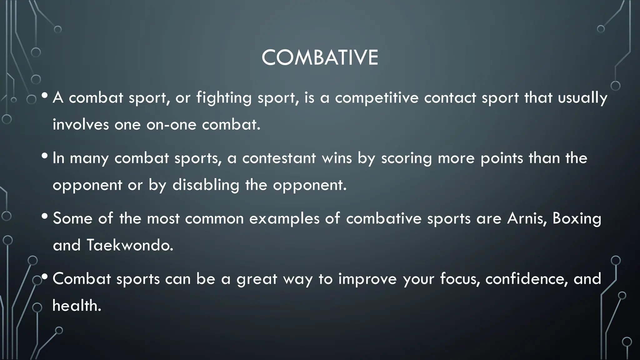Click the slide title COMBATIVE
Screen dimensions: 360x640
click(x=320, y=58)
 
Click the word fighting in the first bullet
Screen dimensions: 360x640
click(x=224, y=98)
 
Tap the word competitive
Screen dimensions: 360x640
click(x=377, y=98)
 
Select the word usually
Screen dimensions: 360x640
click(x=582, y=98)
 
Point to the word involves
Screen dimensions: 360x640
click(x=81, y=125)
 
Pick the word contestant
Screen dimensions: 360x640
click(x=279, y=158)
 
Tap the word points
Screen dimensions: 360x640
click(x=502, y=158)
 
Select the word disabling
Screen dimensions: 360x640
click(x=206, y=185)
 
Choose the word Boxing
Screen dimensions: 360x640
click(x=577, y=218)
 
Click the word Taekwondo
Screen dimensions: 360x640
click(x=130, y=245)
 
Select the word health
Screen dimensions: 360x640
click(x=77, y=305)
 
